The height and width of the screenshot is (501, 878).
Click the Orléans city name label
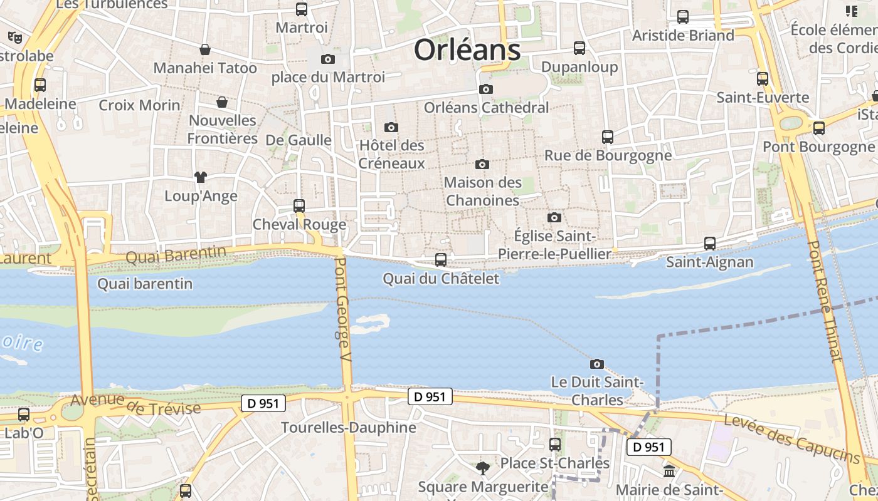[x=467, y=50]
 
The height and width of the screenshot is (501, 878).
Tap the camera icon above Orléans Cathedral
[x=485, y=90]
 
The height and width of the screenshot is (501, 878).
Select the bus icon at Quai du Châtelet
[x=441, y=259]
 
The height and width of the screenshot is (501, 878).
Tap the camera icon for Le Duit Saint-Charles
[x=597, y=364]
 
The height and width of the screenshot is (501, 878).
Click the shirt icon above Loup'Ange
[x=201, y=177]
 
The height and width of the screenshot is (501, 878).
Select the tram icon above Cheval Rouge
[x=299, y=205]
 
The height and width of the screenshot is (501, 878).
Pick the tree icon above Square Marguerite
[x=483, y=468]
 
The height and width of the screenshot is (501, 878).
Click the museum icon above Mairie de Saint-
[x=669, y=471]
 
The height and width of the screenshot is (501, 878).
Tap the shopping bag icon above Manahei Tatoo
[x=205, y=49]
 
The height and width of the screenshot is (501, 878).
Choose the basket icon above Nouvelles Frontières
[x=222, y=101]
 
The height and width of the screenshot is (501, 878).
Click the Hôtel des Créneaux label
[x=392, y=154]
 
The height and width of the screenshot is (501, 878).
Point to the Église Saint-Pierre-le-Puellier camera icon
[x=554, y=217]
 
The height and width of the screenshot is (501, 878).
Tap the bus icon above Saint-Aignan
[x=710, y=243]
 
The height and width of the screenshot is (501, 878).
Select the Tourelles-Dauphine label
[x=349, y=428]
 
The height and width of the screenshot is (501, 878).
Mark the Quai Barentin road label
[x=176, y=255]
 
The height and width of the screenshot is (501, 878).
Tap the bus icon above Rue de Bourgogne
[x=607, y=137]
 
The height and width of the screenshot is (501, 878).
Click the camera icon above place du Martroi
[x=327, y=59]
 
